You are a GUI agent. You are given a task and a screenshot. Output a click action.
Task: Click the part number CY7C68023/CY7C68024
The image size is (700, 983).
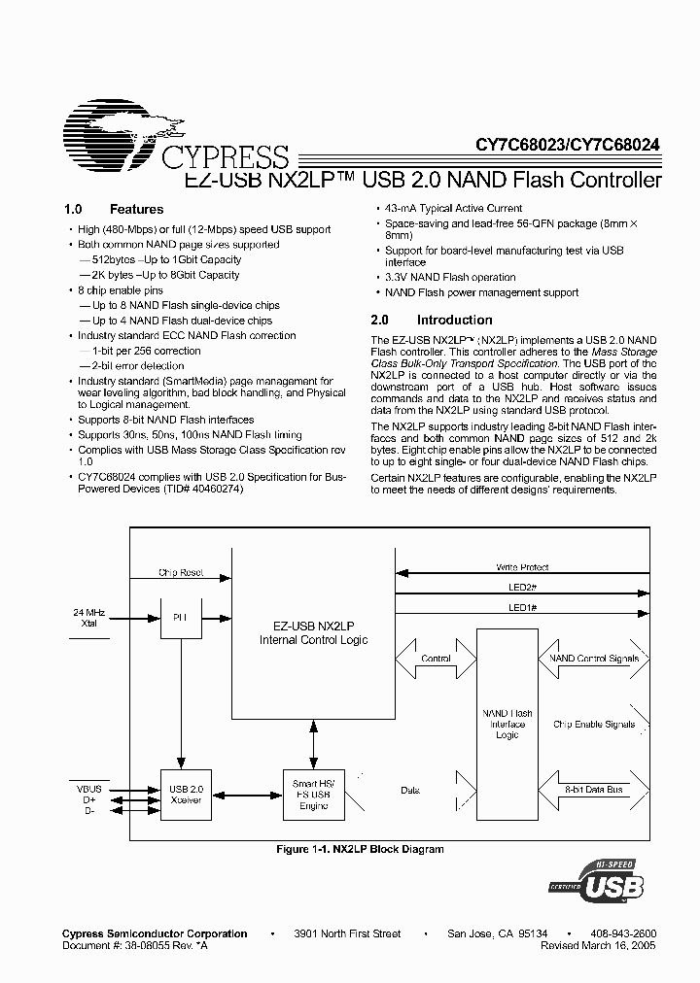click(568, 144)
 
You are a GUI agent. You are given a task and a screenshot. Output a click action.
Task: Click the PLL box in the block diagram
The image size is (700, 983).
click(179, 618)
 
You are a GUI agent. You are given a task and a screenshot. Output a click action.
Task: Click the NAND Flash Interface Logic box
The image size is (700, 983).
click(507, 724)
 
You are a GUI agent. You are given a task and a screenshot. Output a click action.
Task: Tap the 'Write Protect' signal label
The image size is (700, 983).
click(522, 567)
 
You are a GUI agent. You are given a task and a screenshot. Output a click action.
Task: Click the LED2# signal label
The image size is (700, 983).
click(522, 587)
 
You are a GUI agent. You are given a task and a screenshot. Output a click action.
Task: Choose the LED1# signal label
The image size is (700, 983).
click(522, 607)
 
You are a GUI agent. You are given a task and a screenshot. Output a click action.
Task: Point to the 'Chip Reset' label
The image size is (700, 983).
click(181, 573)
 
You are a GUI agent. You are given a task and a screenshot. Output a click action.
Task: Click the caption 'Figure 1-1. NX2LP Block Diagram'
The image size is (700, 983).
click(361, 849)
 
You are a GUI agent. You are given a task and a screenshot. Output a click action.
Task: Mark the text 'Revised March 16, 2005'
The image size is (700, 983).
click(596, 944)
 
